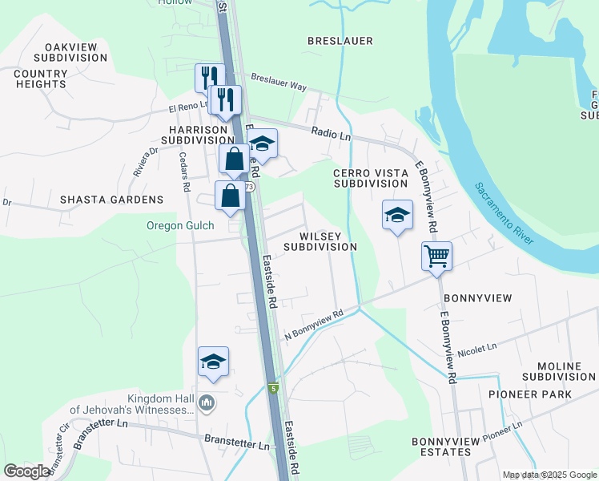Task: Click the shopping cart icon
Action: (x=436, y=257)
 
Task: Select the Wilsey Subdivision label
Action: (x=327, y=241)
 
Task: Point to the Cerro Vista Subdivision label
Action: (x=366, y=178)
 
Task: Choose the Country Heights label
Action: (x=40, y=79)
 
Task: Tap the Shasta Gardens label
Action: (x=111, y=200)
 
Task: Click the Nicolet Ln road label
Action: (x=477, y=349)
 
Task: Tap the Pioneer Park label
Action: (x=530, y=394)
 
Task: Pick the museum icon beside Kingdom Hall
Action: (x=207, y=402)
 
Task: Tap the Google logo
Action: (x=26, y=471)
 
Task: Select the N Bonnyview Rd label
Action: (x=314, y=324)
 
